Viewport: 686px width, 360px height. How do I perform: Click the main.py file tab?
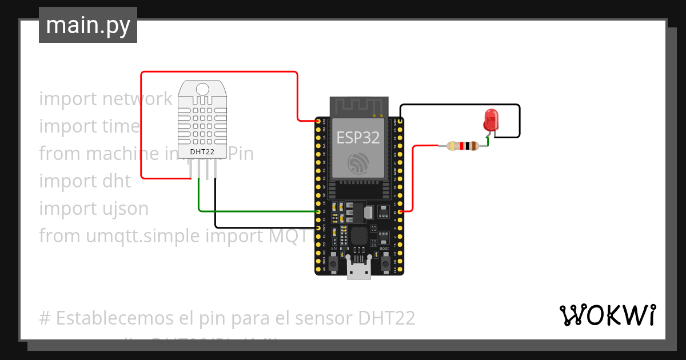(87, 25)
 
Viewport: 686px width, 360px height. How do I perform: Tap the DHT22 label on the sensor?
(202, 151)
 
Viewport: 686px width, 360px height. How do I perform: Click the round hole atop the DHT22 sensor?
(202, 89)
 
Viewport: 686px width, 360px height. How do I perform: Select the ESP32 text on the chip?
(358, 138)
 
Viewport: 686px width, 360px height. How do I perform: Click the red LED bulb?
(490, 119)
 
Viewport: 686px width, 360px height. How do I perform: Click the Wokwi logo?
(608, 315)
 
